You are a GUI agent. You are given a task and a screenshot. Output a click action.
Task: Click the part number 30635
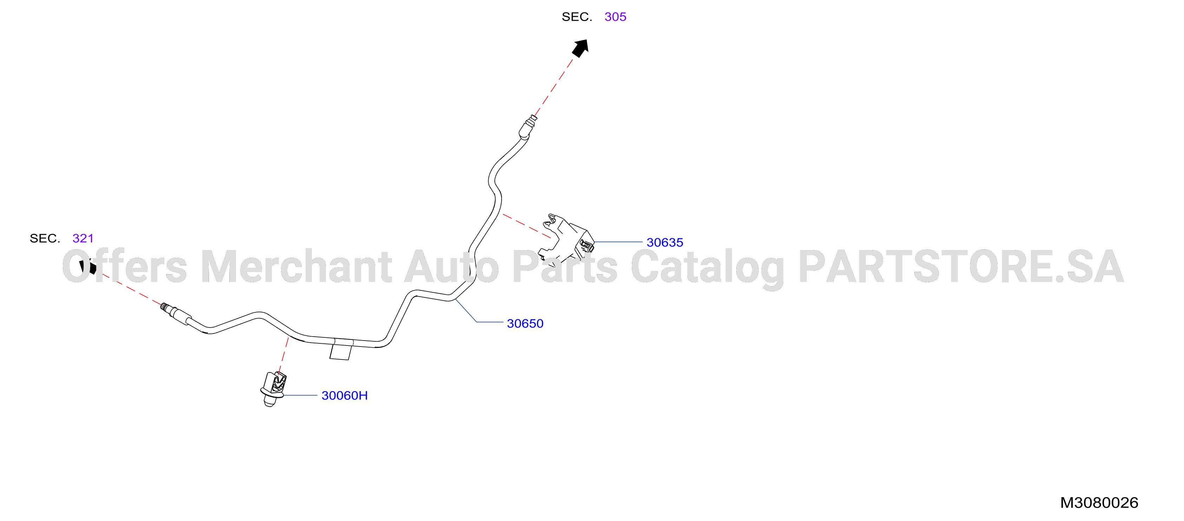tap(665, 242)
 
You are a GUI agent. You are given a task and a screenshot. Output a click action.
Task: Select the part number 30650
tap(525, 323)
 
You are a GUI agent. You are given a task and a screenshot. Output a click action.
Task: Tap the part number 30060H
tap(344, 396)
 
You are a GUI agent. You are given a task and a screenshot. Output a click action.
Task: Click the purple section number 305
tap(615, 17)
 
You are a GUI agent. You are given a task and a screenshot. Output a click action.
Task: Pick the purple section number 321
tap(83, 238)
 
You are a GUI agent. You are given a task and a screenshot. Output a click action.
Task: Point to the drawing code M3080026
tap(1099, 503)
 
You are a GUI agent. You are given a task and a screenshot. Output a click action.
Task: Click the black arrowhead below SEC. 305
tap(581, 48)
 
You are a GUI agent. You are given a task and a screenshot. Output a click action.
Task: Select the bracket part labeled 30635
tap(566, 238)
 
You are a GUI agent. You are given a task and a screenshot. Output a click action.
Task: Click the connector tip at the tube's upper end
tap(528, 126)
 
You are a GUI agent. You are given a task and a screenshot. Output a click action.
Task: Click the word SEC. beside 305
tap(577, 17)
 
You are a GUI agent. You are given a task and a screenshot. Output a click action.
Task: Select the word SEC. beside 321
tap(45, 238)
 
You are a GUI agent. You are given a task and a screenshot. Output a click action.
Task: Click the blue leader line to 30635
tap(618, 242)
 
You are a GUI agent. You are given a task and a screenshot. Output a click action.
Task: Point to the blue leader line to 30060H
tap(301, 395)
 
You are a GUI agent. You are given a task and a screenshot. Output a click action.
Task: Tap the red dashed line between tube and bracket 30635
tap(527, 226)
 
